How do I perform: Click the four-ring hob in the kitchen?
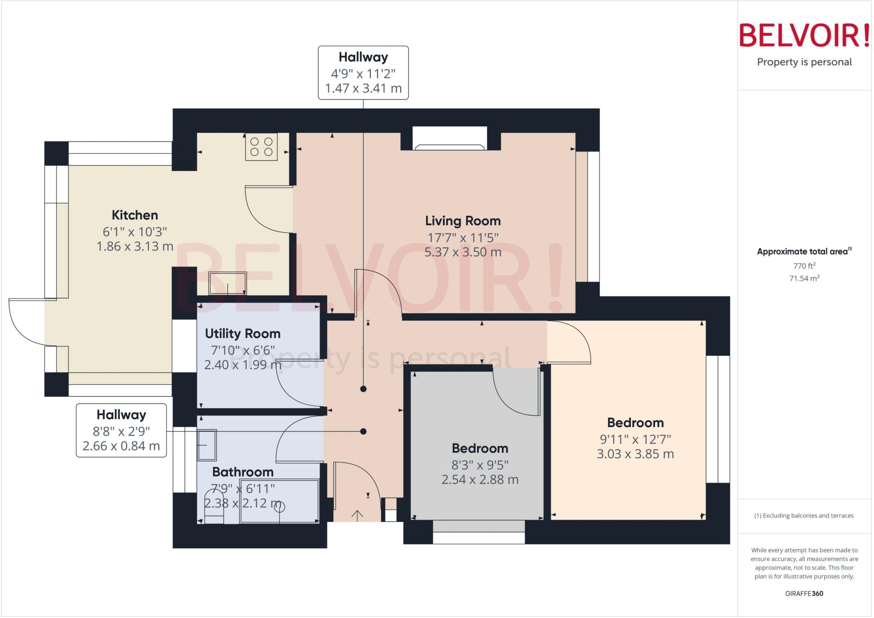261,146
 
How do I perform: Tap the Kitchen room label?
135,215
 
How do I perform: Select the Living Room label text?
463,221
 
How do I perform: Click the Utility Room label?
242,334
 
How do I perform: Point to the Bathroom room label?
243,472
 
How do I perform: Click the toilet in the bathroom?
214,512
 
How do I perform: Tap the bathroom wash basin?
207,445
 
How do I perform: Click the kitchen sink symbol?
227,284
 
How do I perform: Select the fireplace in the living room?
450,138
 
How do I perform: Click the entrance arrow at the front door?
357,515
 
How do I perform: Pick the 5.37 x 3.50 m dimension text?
463,252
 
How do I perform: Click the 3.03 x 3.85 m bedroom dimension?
635,454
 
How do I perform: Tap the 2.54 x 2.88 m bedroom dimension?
480,480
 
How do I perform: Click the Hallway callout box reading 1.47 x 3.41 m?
363,73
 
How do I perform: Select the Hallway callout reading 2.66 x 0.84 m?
121,431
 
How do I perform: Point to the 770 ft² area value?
804,266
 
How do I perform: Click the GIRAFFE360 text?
804,593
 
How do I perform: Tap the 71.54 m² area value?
804,278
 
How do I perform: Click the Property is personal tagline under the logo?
804,62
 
